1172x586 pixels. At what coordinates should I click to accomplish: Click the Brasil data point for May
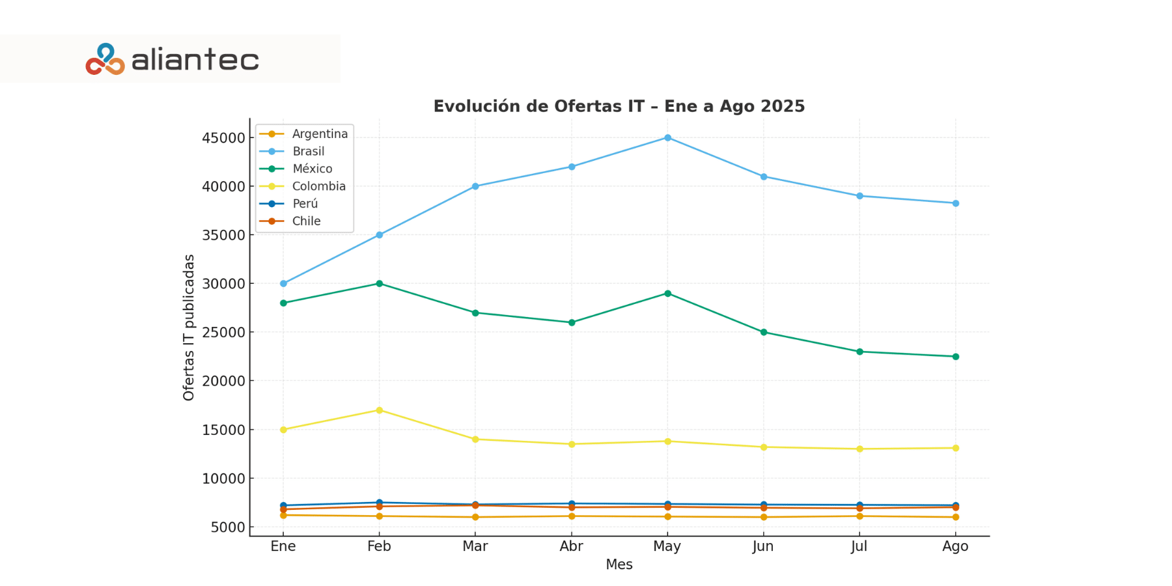point(667,137)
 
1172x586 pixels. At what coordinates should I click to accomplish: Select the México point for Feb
point(379,283)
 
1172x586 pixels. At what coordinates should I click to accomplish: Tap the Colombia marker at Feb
point(379,410)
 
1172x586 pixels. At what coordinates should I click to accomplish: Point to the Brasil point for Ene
point(283,283)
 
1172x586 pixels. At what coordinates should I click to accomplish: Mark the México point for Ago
point(955,356)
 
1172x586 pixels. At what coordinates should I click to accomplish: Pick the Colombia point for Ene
point(283,430)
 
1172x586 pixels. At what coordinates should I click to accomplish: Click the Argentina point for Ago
point(955,517)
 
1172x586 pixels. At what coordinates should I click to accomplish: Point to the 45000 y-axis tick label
point(223,138)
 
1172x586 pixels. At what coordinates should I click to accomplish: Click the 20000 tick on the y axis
point(223,381)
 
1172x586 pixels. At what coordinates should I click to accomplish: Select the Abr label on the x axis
point(571,546)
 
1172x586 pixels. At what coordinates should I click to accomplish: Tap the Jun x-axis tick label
point(763,546)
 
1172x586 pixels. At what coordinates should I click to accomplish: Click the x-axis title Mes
point(619,565)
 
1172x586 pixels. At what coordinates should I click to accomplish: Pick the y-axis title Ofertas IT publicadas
point(189,327)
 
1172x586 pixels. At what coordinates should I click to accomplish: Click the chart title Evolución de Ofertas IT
point(619,106)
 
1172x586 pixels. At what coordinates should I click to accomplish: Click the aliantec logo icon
point(105,59)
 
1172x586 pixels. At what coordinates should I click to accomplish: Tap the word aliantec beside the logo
point(195,61)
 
